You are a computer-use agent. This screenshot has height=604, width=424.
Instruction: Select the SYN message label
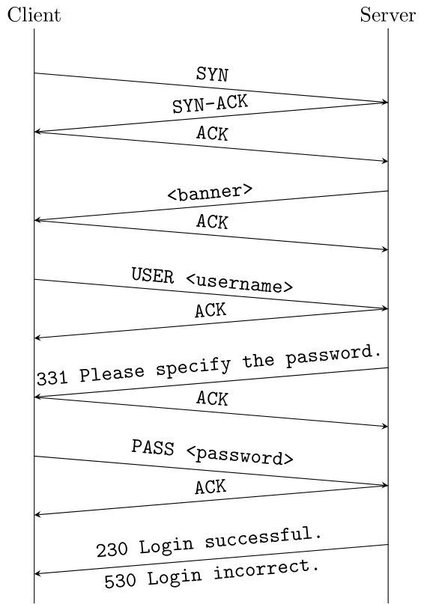[x=212, y=75]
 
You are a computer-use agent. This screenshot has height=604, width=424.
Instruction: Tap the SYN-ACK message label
[x=210, y=105]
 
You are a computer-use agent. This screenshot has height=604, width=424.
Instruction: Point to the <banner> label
[x=210, y=192]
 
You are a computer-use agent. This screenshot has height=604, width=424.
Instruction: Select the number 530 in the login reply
[x=119, y=581]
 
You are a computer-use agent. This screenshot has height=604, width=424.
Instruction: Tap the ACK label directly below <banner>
[x=212, y=222]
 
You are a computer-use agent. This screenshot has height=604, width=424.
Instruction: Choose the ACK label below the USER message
[x=211, y=311]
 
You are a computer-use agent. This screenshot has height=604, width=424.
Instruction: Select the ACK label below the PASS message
[x=211, y=488]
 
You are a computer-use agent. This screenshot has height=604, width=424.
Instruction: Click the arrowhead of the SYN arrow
[x=384, y=103]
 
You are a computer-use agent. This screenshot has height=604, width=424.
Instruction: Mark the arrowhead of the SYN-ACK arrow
[x=38, y=132]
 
